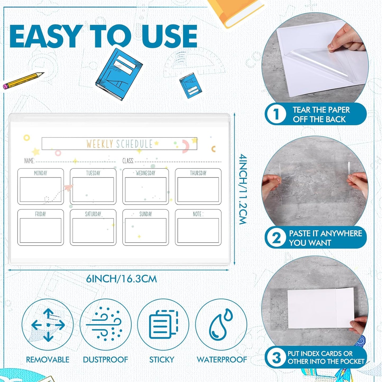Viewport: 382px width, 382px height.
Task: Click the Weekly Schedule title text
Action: pos(119,144)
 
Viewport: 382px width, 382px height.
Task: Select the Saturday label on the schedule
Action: pos(93,214)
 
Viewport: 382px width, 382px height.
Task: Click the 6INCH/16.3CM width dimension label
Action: pos(121,279)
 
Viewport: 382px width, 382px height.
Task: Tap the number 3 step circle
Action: pos(276,357)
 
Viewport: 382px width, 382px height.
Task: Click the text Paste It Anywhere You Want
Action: pos(325,238)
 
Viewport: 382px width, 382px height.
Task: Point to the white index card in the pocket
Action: pos(320,308)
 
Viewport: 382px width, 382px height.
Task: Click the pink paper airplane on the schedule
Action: pos(69,188)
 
